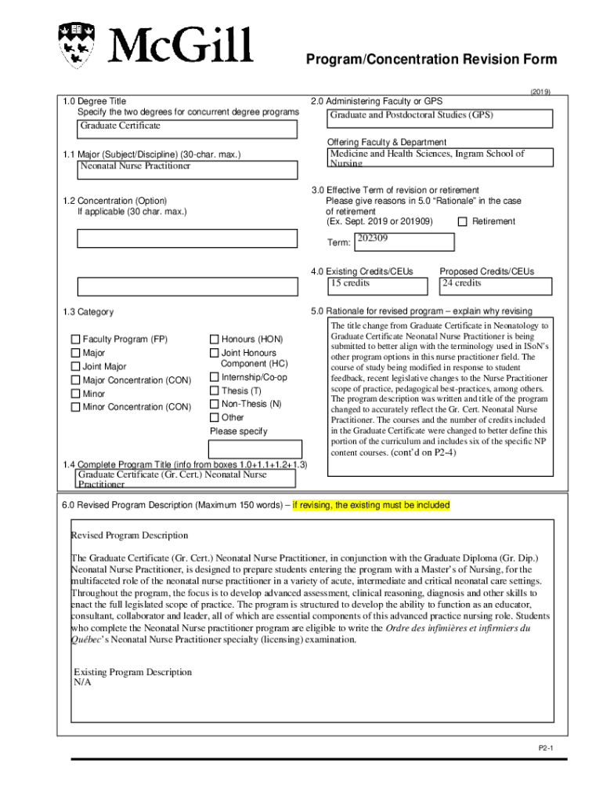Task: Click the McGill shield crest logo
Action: pos(78,45)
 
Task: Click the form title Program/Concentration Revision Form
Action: pos(431,60)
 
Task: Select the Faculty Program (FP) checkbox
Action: pos(76,340)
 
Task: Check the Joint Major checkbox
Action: pos(76,366)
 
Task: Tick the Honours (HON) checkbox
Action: pos(214,340)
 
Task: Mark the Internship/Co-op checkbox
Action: pos(214,377)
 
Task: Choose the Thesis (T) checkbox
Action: pos(214,391)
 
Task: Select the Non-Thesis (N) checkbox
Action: pos(214,404)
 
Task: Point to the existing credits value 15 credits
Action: pos(350,283)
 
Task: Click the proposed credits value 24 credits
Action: pos(462,283)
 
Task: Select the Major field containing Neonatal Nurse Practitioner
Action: pos(187,169)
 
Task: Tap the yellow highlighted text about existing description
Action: pos(371,505)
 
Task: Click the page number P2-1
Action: pos(546,749)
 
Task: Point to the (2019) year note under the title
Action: pos(540,91)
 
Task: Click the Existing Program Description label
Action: pos(132,672)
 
